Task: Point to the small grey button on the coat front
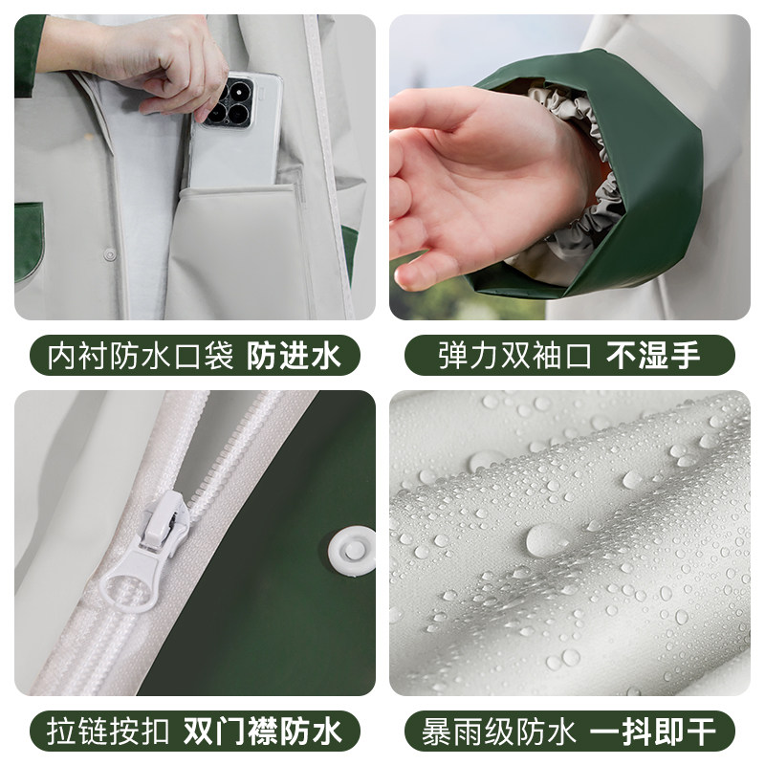110,254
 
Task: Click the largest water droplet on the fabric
546,539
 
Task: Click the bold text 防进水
294,356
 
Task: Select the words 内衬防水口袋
141,356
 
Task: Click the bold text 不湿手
653,355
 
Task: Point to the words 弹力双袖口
514,355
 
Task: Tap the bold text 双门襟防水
263,731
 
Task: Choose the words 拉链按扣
108,731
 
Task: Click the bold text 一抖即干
653,731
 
